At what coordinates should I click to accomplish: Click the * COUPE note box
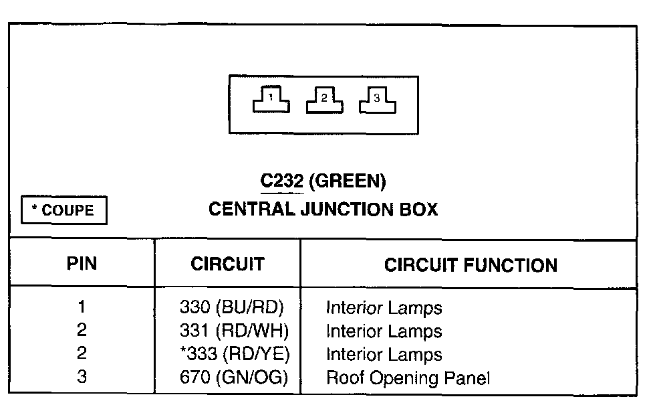tap(64, 210)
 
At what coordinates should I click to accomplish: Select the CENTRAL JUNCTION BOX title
tap(323, 210)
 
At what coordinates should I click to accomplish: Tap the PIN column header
tap(82, 264)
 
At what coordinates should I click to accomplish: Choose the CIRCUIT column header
tap(227, 264)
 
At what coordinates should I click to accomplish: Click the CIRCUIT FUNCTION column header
tap(471, 264)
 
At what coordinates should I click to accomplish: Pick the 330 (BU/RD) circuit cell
tap(232, 308)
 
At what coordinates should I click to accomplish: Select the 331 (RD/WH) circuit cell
tap(233, 331)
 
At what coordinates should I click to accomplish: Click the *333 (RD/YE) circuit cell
tap(234, 354)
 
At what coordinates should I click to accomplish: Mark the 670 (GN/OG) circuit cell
tap(233, 378)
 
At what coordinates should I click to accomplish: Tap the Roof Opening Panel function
tap(408, 378)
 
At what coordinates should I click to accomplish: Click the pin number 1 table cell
tap(82, 308)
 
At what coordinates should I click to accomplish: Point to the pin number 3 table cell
tap(82, 378)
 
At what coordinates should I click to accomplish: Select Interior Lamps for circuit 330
tap(384, 308)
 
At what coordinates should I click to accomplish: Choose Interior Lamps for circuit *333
tap(384, 354)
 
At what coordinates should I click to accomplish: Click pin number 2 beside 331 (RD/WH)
tap(82, 331)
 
